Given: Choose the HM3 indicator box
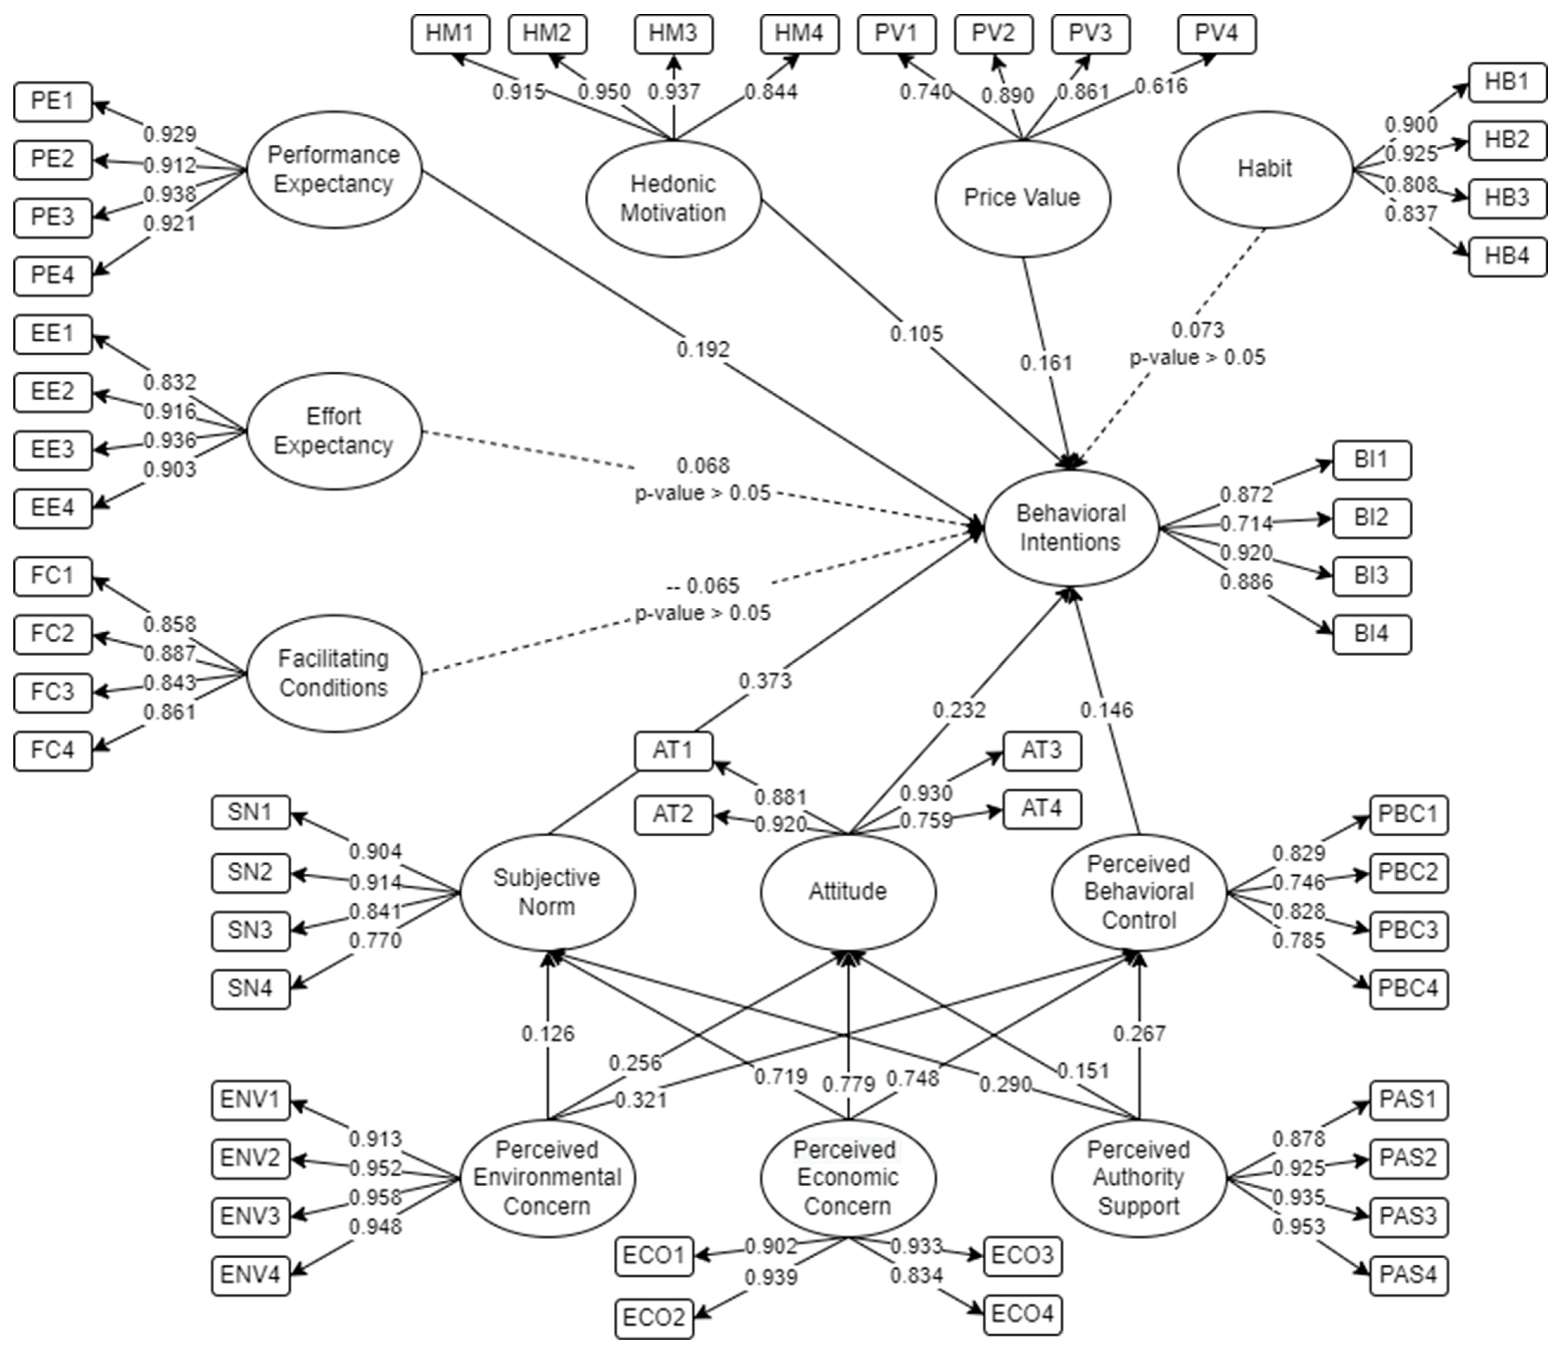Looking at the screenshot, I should click(x=673, y=34).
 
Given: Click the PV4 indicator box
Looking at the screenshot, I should click(x=1217, y=34).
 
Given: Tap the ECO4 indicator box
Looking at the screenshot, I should click(x=1023, y=1315).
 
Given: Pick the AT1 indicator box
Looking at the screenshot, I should click(x=673, y=751).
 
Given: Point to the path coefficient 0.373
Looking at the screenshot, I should click(x=765, y=681).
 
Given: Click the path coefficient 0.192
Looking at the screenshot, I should click(x=703, y=349).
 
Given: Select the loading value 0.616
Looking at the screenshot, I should click(x=1161, y=86).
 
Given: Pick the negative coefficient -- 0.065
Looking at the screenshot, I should click(x=703, y=586).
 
